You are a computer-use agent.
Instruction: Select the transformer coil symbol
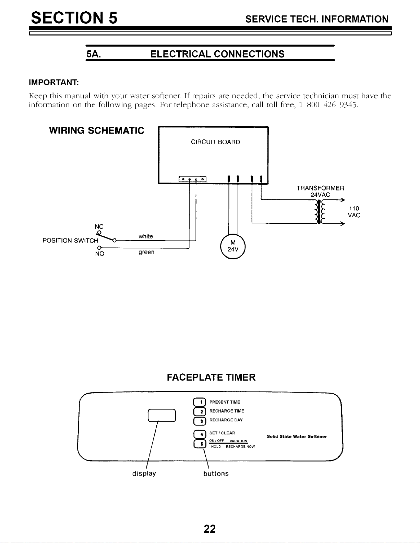pos(319,211)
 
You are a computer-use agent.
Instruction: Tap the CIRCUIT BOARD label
pos(215,142)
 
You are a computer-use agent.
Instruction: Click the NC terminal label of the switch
pos(99,226)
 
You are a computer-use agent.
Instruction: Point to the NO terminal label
pos(99,254)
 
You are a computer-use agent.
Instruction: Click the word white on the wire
pos(146,236)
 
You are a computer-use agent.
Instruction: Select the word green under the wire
pos(146,252)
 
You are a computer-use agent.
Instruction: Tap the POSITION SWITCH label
pos(71,240)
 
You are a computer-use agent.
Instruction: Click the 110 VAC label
pos(354,212)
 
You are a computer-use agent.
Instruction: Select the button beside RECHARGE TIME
pos(200,411)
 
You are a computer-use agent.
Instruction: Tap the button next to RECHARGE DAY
pos(200,421)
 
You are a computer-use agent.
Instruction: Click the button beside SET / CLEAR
pos(200,434)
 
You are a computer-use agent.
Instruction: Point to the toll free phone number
pos(328,105)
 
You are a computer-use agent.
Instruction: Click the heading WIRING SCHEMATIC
pos(96,131)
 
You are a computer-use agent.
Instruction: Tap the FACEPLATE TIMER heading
pos(211,377)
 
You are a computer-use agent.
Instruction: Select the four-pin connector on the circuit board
pos(192,179)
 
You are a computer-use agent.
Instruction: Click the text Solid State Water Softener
pos(297,436)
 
